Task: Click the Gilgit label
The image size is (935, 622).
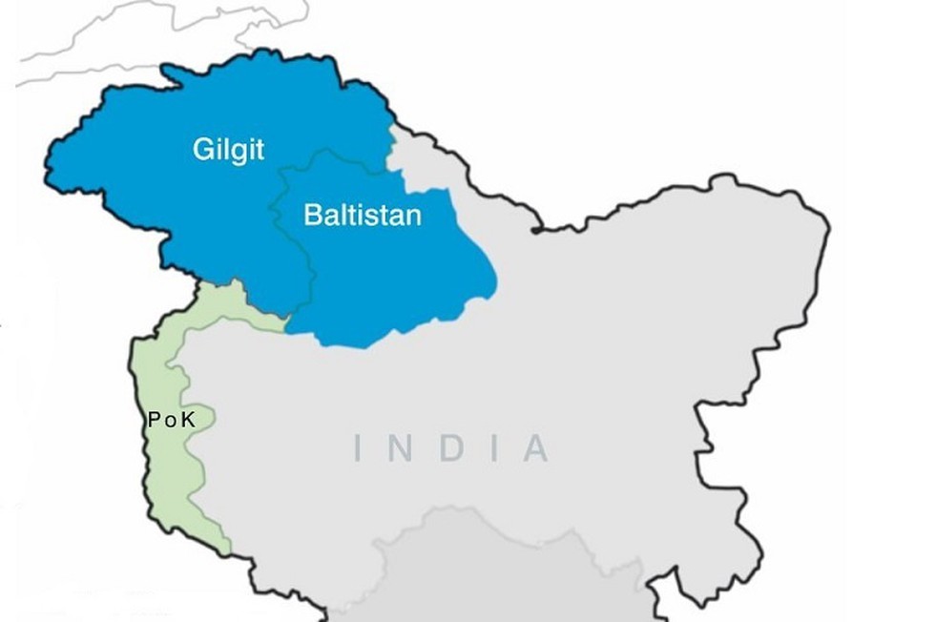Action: pyautogui.click(x=228, y=150)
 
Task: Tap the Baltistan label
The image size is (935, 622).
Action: pyautogui.click(x=362, y=214)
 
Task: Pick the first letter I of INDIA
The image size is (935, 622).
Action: pyautogui.click(x=359, y=448)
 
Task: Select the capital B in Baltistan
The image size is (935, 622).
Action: pyautogui.click(x=311, y=214)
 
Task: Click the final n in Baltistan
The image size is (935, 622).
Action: pyautogui.click(x=413, y=215)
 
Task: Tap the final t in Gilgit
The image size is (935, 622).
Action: pyautogui.click(x=260, y=150)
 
